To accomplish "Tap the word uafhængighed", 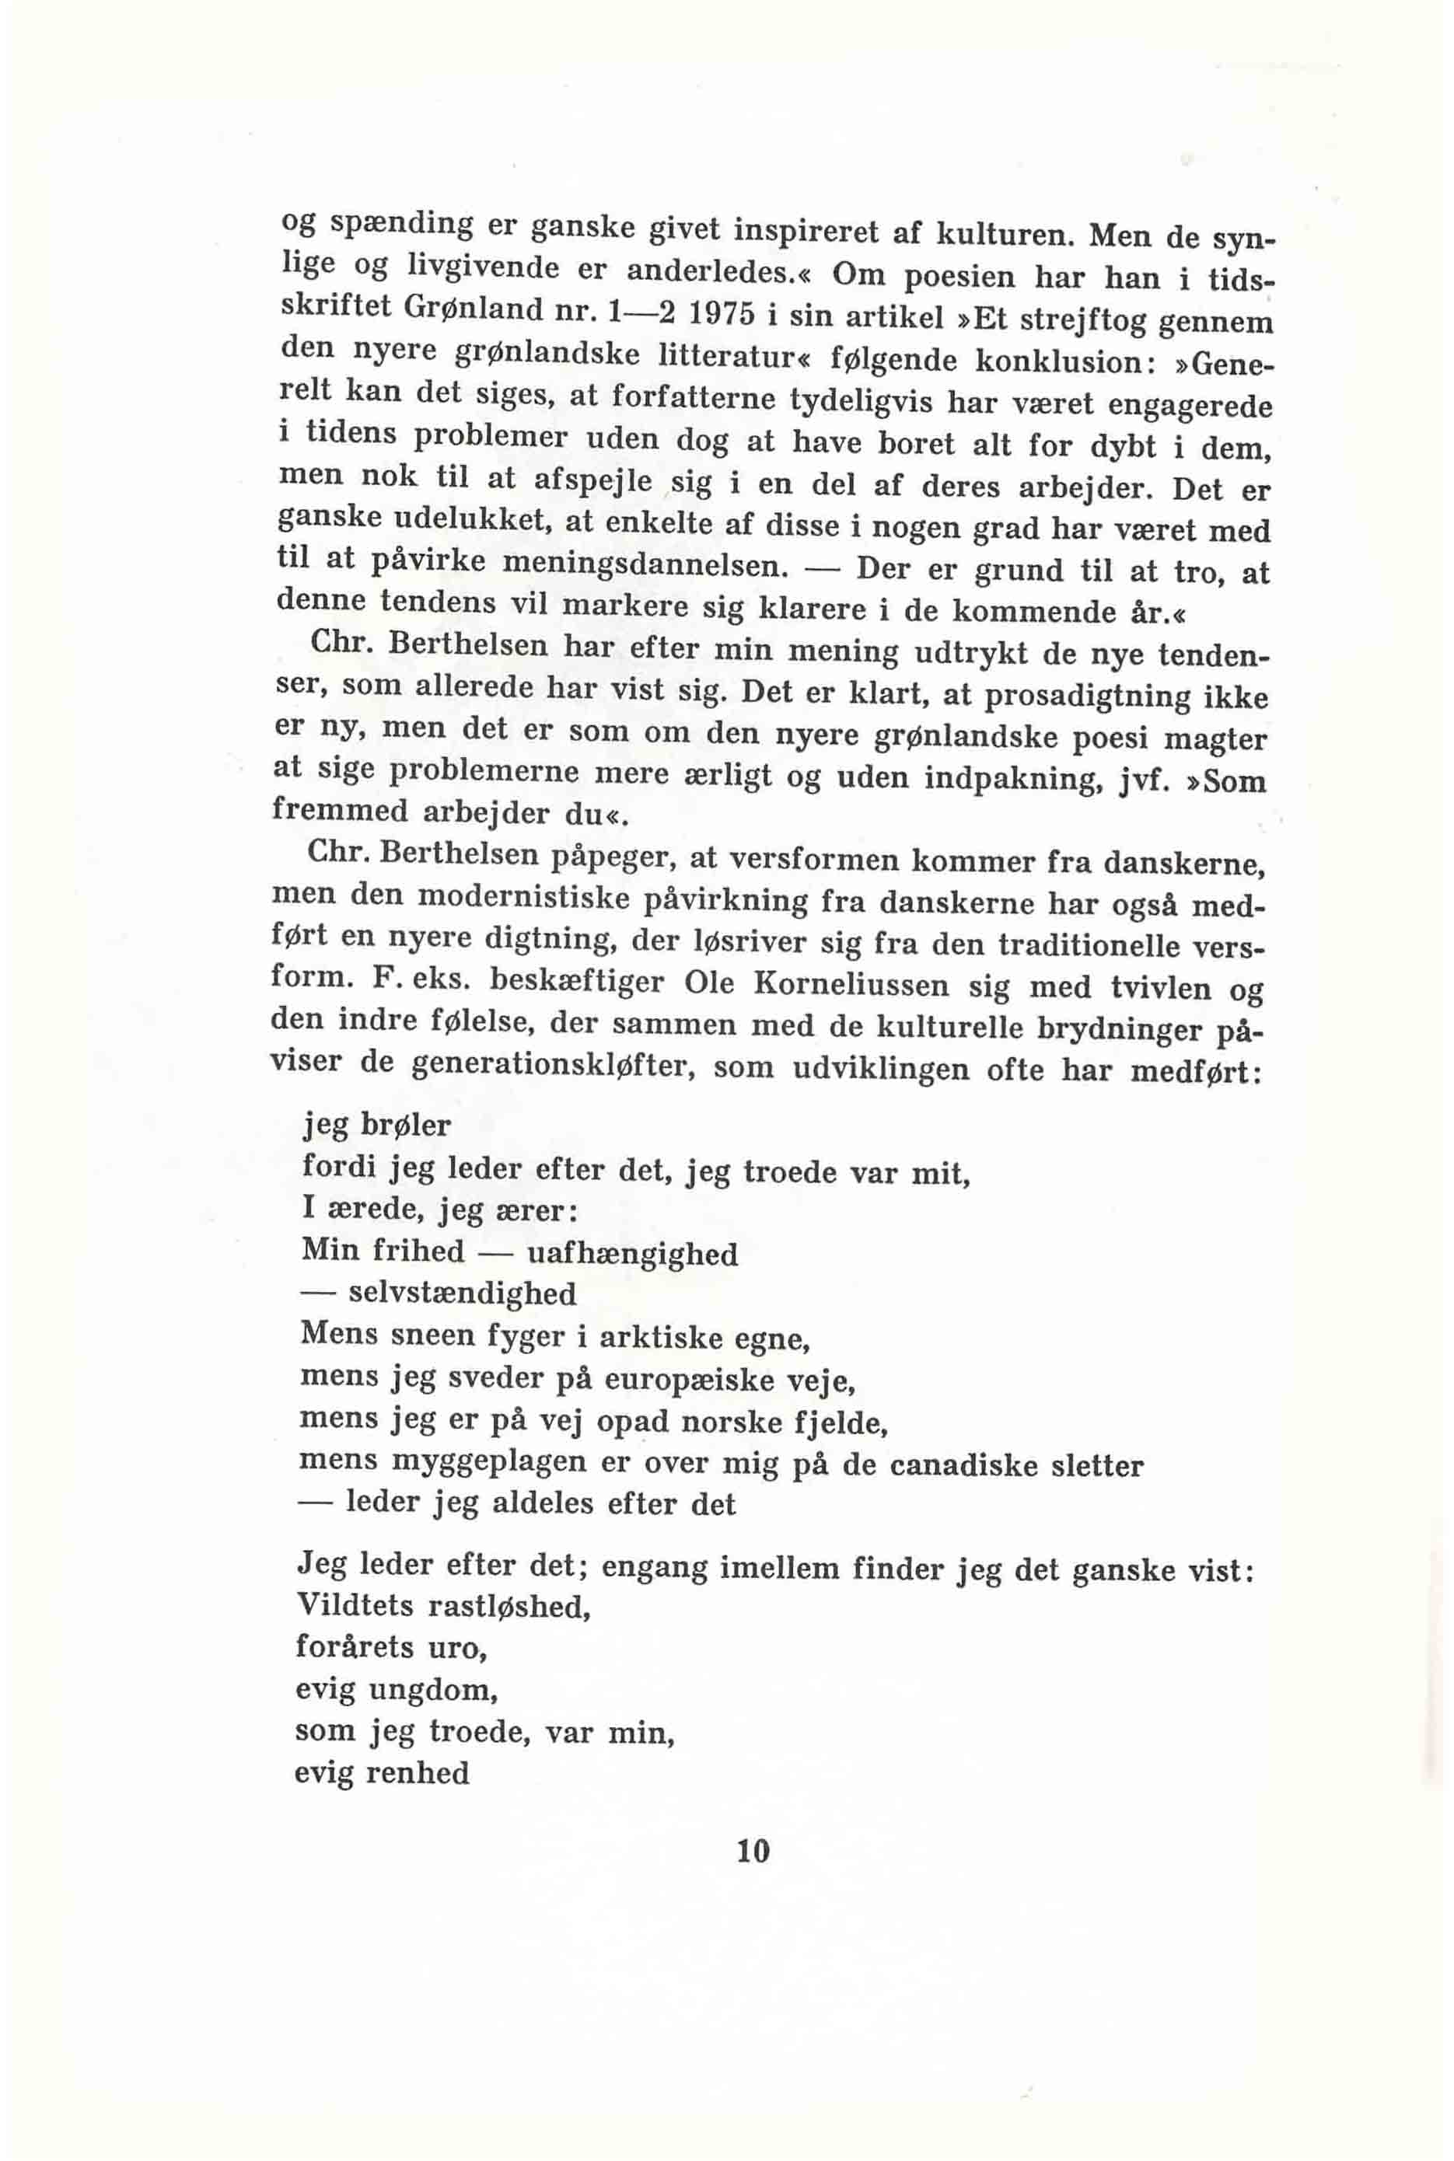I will pyautogui.click(x=632, y=1255).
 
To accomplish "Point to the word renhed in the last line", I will pyautogui.click(x=418, y=1773).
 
